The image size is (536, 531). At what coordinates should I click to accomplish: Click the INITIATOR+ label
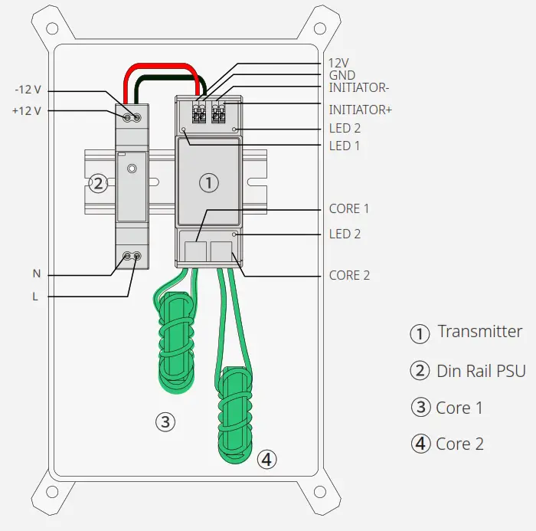tap(360, 110)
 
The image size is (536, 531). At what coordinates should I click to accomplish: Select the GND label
tap(342, 76)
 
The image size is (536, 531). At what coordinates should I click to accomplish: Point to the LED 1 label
tap(345, 146)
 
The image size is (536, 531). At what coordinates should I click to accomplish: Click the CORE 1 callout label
tap(349, 208)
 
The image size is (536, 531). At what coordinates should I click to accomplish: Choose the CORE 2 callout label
tap(349, 275)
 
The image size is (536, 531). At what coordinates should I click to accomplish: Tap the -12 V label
tap(28, 91)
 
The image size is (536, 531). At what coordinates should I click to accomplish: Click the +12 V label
tap(28, 110)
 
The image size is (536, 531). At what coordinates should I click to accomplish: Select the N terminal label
tap(36, 274)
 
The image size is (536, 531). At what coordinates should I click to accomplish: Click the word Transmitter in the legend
tap(479, 332)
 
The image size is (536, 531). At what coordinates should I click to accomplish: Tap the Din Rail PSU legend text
tap(481, 371)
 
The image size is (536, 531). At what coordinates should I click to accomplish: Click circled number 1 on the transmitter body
tap(208, 182)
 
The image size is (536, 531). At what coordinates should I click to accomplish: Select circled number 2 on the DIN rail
tap(97, 183)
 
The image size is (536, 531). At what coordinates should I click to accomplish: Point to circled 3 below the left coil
tap(165, 421)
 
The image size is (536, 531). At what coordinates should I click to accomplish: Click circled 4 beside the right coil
tap(266, 459)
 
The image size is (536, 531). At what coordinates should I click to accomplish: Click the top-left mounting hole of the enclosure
tap(51, 28)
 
